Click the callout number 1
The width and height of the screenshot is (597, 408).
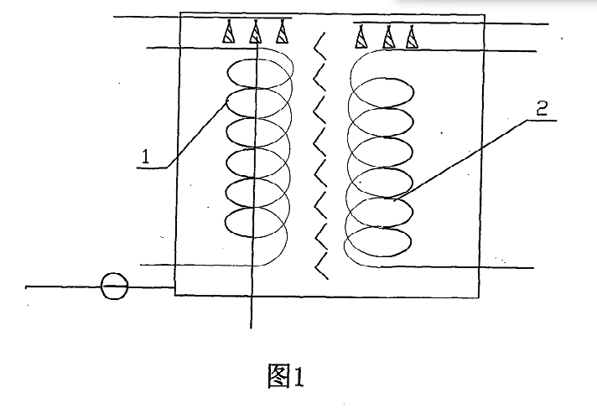click(x=145, y=156)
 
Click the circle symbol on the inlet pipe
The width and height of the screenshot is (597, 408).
click(x=113, y=287)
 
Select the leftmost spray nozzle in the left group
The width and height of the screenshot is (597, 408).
click(x=228, y=34)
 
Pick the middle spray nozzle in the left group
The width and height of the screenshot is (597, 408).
click(x=257, y=34)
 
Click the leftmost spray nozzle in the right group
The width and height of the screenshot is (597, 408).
click(x=361, y=36)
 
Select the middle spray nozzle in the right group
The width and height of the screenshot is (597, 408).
click(x=388, y=36)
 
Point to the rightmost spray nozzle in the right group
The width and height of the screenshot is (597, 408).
click(x=411, y=36)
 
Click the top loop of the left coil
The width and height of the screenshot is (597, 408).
click(x=258, y=74)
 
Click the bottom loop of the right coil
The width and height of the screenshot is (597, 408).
click(x=380, y=241)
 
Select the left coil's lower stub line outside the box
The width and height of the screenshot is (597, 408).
click(x=159, y=265)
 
